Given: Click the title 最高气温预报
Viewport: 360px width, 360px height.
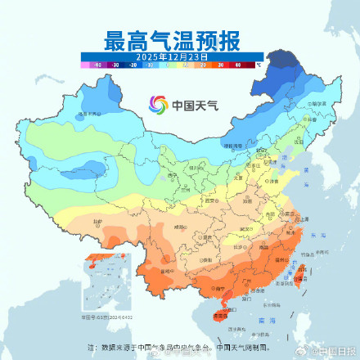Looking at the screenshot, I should pos(172,39).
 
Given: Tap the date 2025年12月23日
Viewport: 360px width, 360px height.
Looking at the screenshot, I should pos(171,55).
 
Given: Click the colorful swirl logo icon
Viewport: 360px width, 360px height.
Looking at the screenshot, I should pos(157,104).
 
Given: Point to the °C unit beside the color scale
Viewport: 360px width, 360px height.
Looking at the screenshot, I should pos(259,62).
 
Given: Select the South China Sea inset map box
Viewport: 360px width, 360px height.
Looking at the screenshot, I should pos(104,286).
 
